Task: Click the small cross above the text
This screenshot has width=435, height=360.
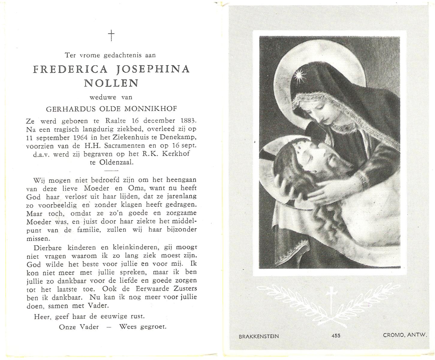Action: pos(111,35)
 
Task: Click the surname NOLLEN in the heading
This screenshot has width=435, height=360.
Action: pos(111,83)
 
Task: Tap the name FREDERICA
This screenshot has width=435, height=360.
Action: pos(70,69)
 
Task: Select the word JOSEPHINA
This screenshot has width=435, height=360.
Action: pos(153,69)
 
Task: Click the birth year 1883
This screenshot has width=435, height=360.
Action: pos(189,121)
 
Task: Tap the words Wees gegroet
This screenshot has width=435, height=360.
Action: pos(143,326)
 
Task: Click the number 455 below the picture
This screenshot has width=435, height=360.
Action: pos(336,336)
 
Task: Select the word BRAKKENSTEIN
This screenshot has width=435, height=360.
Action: pos(259,336)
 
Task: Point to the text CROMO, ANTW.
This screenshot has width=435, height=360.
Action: pos(405,335)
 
